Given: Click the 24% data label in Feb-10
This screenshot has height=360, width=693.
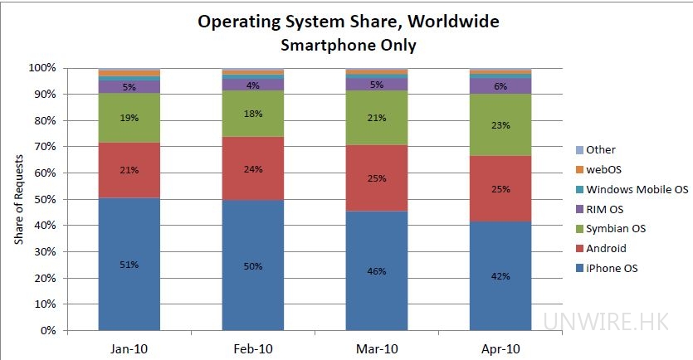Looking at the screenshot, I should click(x=253, y=169).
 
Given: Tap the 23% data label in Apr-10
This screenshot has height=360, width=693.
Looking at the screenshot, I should click(x=500, y=124).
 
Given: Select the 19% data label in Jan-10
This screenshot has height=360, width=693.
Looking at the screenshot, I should click(x=129, y=118).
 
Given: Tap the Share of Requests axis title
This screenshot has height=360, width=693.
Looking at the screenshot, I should click(x=18, y=199).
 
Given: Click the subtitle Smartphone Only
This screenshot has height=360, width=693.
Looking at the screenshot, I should click(x=348, y=46).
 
